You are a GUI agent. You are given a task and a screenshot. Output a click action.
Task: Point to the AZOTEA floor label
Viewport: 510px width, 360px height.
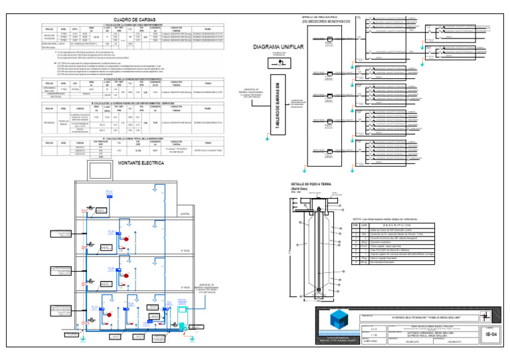click(185, 214)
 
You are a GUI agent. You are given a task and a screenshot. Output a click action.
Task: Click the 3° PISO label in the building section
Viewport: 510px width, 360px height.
click(185, 250)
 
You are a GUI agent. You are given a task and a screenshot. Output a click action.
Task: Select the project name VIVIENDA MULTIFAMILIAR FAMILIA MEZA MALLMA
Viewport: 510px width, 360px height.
click(420, 319)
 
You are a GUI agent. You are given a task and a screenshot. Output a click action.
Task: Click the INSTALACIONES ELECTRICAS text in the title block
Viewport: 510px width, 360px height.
click(420, 326)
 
